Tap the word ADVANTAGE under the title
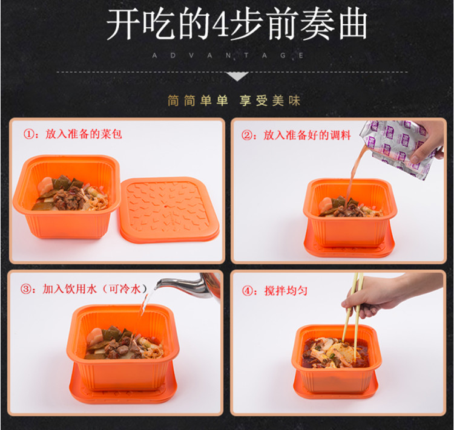pyautogui.click(x=228, y=55)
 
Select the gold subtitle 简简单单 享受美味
pyautogui.click(x=234, y=101)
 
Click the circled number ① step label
pyautogui.click(x=28, y=134)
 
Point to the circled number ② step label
pyautogui.click(x=247, y=135)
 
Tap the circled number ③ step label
pyautogui.click(x=26, y=289)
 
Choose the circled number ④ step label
pyautogui.click(x=248, y=290)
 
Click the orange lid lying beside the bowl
pyautogui.click(x=169, y=210)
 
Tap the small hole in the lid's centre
pyautogui.click(x=165, y=207)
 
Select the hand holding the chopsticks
pyautogui.click(x=385, y=295)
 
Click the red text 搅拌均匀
pyautogui.click(x=286, y=290)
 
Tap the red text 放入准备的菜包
pyautogui.click(x=84, y=134)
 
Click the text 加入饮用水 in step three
pyautogui.click(x=69, y=289)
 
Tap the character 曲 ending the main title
pyautogui.click(x=354, y=24)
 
